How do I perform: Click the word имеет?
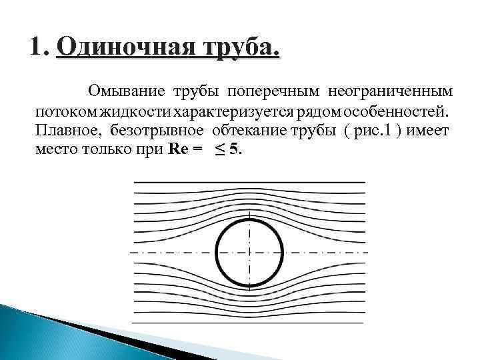pos(429,129)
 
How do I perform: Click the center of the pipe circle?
pos(250,254)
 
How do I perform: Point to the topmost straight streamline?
pos(249,182)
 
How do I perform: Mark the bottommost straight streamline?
pos(249,323)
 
